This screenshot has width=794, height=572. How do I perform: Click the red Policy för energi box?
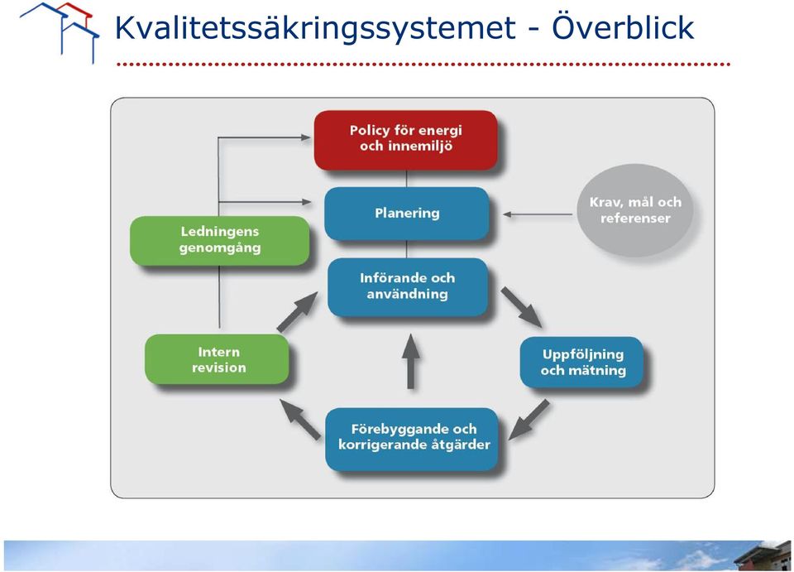pos(405,140)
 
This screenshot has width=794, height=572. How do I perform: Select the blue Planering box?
pos(407,214)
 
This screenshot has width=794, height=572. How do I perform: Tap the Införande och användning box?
pos(408,286)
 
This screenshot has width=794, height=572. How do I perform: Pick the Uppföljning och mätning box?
pos(581,363)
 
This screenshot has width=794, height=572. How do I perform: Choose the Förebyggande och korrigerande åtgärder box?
pos(412,439)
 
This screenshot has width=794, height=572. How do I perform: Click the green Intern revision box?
pos(218,359)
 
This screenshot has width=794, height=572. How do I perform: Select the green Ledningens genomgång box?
pos(220,241)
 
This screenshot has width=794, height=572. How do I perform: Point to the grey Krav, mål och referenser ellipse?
pos(635,210)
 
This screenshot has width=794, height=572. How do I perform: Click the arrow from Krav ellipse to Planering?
pos(538,214)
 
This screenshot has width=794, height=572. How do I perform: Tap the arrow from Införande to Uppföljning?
pos(522,308)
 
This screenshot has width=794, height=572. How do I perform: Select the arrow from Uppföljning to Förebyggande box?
pos(529,420)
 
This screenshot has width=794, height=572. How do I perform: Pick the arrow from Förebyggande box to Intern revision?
pos(300,419)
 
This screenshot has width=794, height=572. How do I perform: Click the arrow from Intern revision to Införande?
pos(297,312)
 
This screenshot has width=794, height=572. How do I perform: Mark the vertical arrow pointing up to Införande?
pos(410,361)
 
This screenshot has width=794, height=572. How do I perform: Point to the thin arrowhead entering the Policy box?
pos(305,137)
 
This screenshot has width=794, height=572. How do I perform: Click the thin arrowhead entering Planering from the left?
pos(306,202)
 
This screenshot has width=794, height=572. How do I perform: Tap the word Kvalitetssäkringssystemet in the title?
pos(315,28)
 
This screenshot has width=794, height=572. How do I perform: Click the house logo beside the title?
pos(60,31)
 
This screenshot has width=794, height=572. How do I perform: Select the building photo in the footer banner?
pos(762,555)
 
